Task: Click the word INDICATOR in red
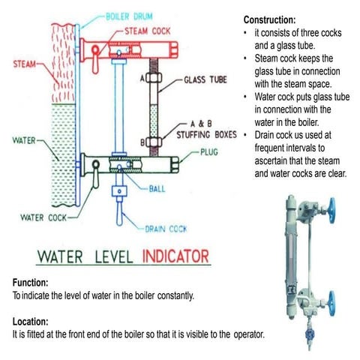coord(174,257)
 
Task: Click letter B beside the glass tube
coord(142,141)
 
